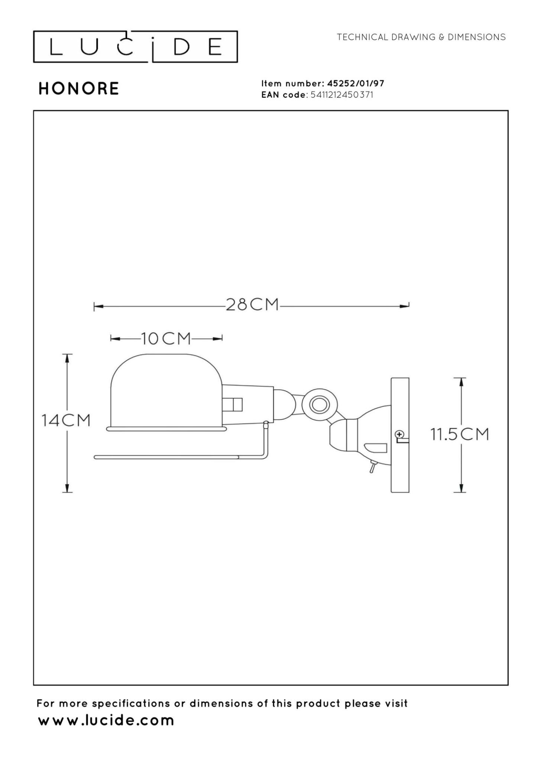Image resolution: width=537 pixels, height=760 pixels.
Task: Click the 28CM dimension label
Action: pos(252,305)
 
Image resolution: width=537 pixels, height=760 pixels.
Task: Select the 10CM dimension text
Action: pos(166,338)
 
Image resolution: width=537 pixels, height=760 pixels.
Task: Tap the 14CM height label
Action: pos(66,421)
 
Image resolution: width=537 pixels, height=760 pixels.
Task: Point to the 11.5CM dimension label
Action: pos(460,434)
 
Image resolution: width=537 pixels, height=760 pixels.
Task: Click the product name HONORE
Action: pos(78,88)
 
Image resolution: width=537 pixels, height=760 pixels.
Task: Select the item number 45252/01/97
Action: pos(355,83)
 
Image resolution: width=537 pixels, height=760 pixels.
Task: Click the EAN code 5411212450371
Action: pos(342,95)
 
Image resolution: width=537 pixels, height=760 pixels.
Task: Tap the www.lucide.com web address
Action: pos(106,720)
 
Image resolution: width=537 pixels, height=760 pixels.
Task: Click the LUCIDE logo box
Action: pos(135,47)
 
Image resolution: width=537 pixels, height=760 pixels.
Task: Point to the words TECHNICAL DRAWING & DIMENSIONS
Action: pos(421,37)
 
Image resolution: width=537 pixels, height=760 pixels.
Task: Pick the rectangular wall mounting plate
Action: pos(400,435)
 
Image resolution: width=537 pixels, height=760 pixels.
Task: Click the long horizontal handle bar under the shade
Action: pos(167,457)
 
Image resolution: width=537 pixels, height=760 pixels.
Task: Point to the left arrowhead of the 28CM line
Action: pos(98,307)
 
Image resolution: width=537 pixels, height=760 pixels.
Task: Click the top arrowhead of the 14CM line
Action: pos(67,358)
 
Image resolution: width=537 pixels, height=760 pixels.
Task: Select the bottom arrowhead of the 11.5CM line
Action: pos(461,488)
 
